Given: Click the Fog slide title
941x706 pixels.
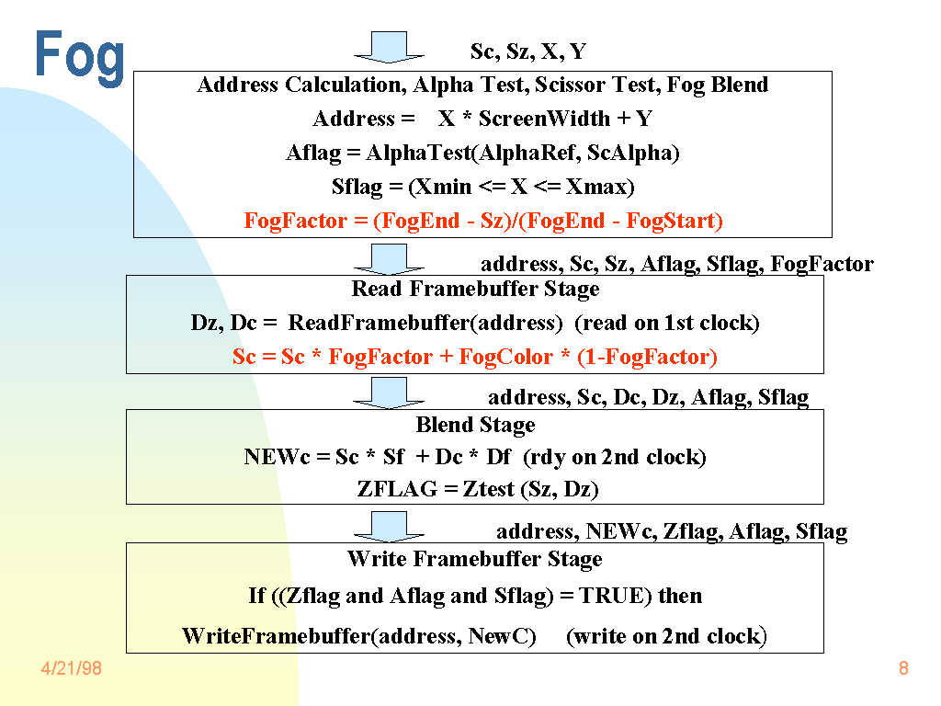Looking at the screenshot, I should coord(80,57).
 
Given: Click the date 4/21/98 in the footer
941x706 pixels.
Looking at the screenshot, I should coord(71,668).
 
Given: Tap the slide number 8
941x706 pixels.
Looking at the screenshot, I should coord(903,668).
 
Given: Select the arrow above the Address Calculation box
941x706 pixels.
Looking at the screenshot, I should coord(389,47).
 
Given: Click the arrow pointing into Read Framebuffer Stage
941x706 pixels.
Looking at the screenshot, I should coord(389,259).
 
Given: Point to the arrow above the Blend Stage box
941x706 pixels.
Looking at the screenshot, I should coord(389,393).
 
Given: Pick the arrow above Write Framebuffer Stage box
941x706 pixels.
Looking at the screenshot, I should coord(389,526).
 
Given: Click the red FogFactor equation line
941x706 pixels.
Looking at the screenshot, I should coord(483,221).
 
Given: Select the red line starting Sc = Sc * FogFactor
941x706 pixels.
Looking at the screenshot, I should coord(474,357).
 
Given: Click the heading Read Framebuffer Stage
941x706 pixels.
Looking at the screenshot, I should coord(475,289).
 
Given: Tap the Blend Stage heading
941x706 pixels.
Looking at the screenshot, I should coord(475,425).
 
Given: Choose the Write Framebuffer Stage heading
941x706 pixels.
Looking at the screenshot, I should coord(474,559).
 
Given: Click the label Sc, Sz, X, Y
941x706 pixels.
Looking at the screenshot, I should coord(527,51).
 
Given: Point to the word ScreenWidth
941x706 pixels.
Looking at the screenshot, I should coord(544,119).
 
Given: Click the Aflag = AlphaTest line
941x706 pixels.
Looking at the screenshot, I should coord(482,153).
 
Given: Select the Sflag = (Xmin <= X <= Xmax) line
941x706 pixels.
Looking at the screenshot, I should coord(482,187).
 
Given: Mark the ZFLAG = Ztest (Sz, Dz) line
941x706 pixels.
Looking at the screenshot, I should coord(478,489).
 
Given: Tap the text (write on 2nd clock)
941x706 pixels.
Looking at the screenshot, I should coord(666,636).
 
